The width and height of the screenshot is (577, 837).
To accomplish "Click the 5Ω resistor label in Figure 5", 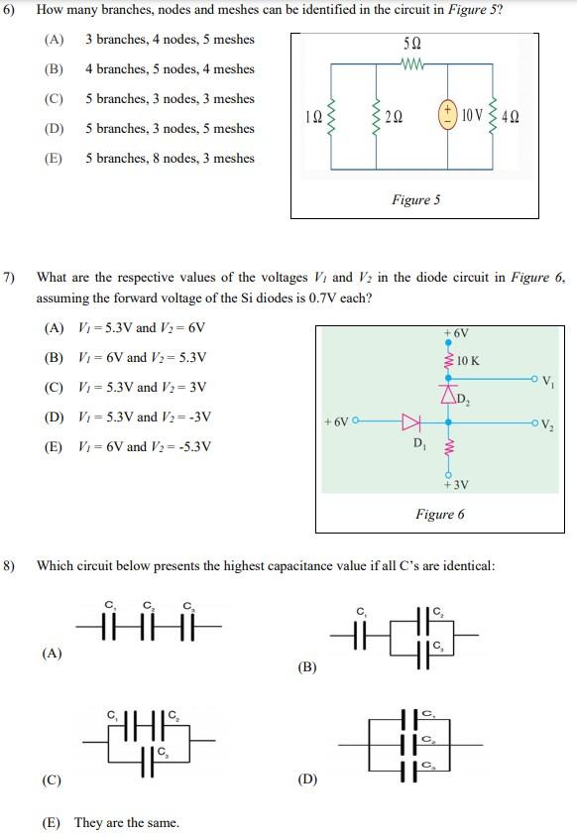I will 413,46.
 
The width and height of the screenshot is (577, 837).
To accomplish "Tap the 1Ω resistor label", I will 312,116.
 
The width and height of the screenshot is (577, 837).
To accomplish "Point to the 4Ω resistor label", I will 511,116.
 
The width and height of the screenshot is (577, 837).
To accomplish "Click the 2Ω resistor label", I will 394,116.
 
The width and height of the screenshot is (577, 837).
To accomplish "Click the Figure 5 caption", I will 415,200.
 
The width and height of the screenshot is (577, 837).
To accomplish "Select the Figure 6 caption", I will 440,514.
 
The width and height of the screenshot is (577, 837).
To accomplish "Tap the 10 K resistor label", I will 468,361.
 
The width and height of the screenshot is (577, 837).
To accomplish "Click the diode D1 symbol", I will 409,422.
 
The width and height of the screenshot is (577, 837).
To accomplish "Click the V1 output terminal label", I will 547,383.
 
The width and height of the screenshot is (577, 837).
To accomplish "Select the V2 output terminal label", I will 547,426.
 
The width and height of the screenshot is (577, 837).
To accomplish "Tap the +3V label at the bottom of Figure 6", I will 455,485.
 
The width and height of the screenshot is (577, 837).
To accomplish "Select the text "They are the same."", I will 126,822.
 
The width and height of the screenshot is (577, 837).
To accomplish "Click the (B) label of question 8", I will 306,667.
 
